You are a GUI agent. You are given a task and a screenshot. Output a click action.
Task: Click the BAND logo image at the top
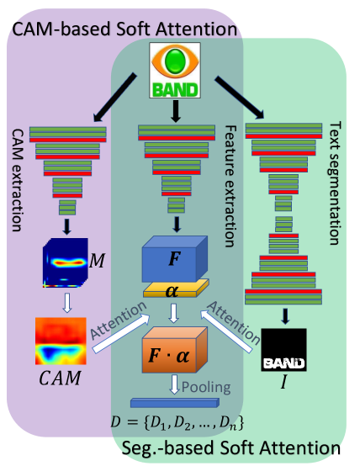coord(175,70)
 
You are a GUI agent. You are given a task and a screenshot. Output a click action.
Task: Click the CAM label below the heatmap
coord(60,379)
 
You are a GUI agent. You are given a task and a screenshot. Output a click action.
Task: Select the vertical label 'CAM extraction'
coord(17,180)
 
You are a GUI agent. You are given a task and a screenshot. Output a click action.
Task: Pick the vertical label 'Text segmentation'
coord(334,182)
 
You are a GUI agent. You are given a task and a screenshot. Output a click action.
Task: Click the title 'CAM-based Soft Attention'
coord(123,29)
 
